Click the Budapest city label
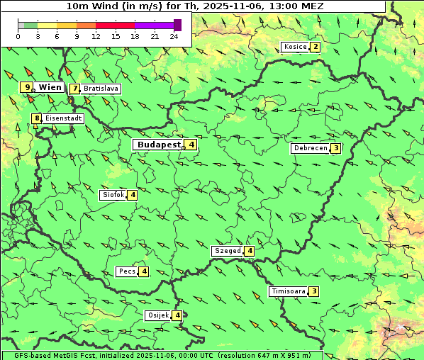click(158, 145)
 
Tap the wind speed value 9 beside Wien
click(27, 87)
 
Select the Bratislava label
click(100, 89)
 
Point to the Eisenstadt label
click(63, 119)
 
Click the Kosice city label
click(294, 47)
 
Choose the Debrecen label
click(310, 149)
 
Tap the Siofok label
click(113, 195)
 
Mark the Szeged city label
click(227, 251)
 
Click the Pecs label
click(127, 271)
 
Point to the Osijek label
click(157, 315)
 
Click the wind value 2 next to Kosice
click(315, 47)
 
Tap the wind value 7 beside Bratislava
click(74, 89)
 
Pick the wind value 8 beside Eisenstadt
click(36, 119)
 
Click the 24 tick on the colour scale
click(174, 36)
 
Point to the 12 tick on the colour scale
click(96, 36)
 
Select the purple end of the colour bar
click(177, 26)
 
